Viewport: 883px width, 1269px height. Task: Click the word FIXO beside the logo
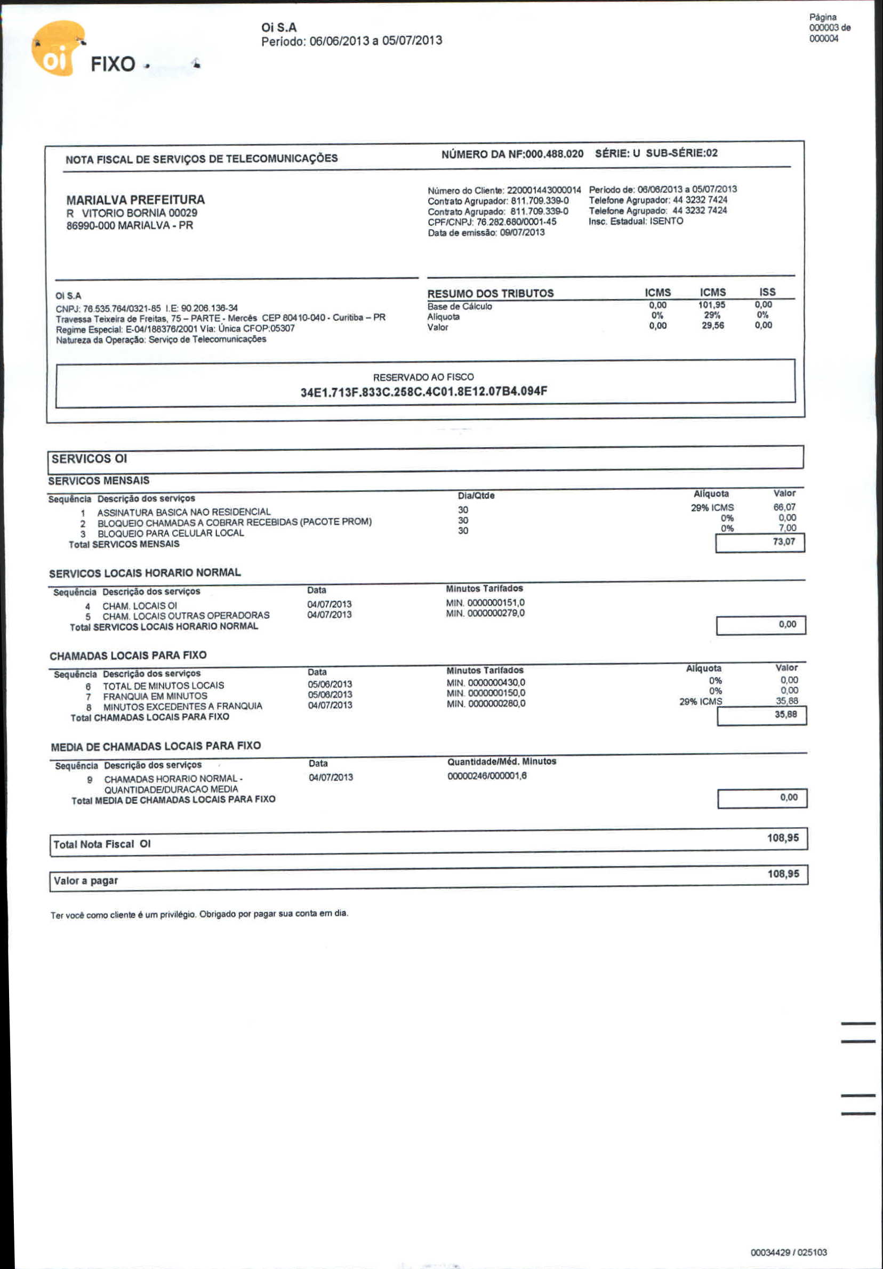[113, 64]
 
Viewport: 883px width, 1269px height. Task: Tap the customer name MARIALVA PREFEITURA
[135, 199]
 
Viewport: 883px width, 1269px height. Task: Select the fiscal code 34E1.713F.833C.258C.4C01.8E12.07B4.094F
[423, 392]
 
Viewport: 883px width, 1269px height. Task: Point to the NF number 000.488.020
[554, 153]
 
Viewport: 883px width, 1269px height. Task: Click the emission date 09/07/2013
[522, 233]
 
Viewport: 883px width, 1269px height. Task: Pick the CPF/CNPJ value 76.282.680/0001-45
[517, 222]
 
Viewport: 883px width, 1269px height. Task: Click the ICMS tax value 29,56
[713, 326]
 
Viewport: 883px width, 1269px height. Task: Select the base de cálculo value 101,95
[712, 305]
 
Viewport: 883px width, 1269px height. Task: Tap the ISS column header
[767, 292]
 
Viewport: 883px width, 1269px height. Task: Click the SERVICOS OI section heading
[89, 459]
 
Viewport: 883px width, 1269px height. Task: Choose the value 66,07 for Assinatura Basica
[784, 507]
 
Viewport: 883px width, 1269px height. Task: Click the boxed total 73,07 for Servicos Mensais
[783, 541]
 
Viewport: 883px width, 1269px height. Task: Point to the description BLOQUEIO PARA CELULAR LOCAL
[171, 534]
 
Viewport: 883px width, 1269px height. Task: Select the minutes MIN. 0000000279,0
[485, 613]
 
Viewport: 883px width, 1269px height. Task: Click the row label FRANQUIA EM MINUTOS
[155, 696]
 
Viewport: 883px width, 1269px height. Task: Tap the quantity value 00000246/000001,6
[487, 776]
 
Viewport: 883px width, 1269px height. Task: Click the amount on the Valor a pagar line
[783, 874]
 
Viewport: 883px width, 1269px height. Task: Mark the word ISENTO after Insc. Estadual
[667, 221]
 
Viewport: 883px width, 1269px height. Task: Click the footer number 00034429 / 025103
[789, 1252]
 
